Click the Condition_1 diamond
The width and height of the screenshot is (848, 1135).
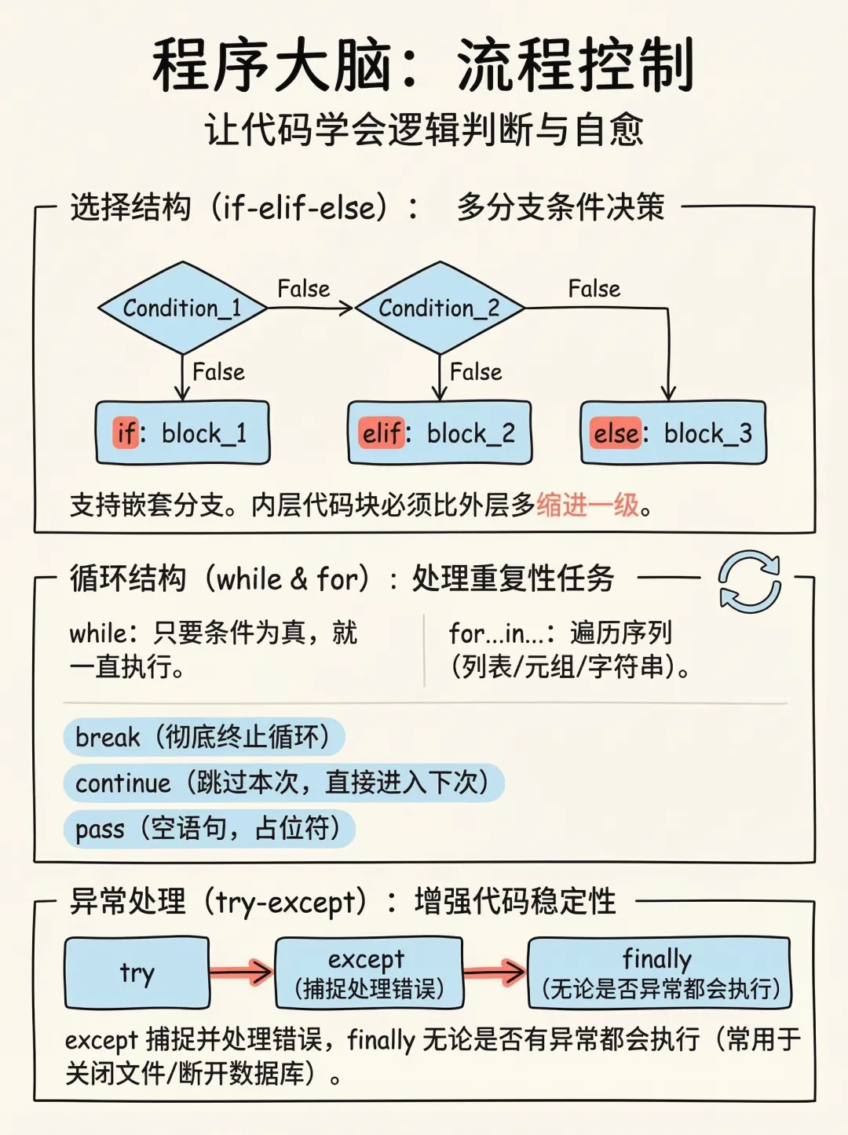(x=182, y=308)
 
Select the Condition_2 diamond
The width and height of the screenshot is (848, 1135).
(x=440, y=308)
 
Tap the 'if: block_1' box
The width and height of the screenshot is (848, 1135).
(x=182, y=432)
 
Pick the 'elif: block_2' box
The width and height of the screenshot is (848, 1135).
(x=440, y=432)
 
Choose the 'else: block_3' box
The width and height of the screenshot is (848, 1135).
(x=673, y=432)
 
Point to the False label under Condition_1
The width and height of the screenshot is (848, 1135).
(x=218, y=371)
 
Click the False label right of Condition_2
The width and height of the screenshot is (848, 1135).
(x=594, y=289)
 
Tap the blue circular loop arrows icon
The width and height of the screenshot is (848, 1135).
(x=750, y=582)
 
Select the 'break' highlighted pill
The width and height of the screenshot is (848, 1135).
(x=203, y=737)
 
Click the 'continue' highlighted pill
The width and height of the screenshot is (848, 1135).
(x=283, y=783)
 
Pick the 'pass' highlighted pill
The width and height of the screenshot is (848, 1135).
(x=209, y=828)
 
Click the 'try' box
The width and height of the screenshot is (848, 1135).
(x=137, y=973)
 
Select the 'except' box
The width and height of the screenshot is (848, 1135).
(x=369, y=973)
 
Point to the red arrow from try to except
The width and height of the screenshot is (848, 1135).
(x=242, y=973)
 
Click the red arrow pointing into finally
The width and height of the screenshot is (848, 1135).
(x=495, y=973)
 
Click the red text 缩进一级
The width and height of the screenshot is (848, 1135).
(x=588, y=505)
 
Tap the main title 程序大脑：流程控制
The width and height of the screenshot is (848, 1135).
(x=424, y=65)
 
